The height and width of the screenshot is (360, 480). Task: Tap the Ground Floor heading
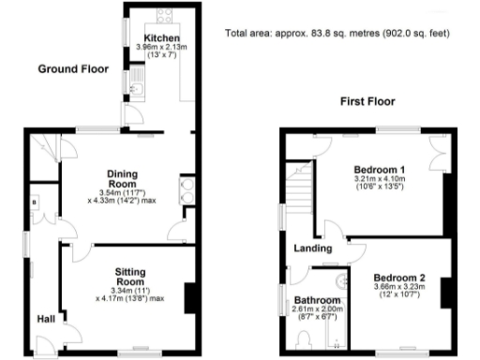(72, 68)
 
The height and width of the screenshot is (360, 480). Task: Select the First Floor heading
(368, 101)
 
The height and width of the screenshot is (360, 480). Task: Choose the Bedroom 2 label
(400, 278)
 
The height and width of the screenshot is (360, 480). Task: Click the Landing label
(314, 248)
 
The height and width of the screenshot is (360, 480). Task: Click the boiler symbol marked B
(35, 201)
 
